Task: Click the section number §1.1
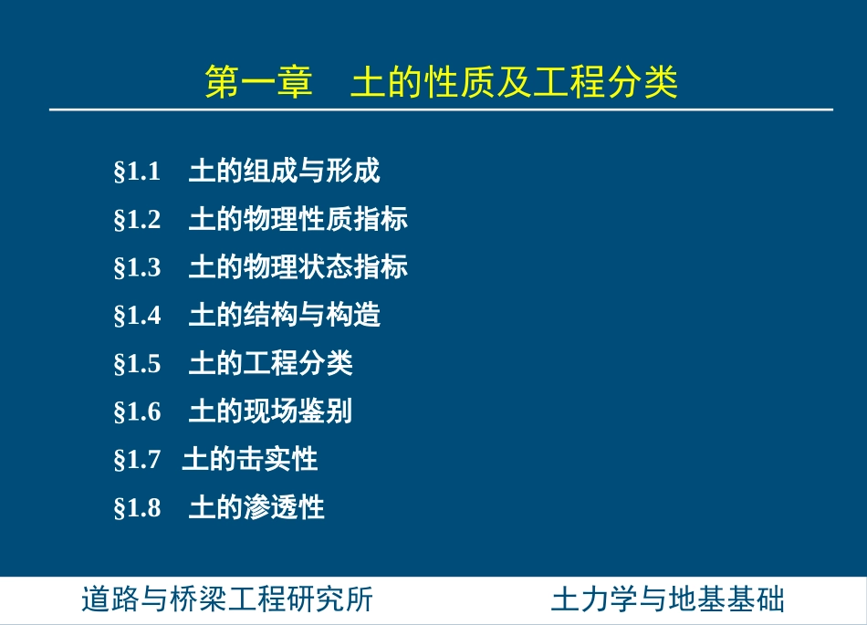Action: [x=137, y=172]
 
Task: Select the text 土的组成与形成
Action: [x=284, y=171]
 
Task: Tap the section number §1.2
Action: [x=137, y=220]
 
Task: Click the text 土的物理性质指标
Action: [x=298, y=219]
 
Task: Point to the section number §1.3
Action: [x=137, y=268]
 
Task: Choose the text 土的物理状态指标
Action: [x=298, y=267]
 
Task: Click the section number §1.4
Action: [x=137, y=317]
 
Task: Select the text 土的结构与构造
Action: [x=284, y=316]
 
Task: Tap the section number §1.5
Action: [x=137, y=365]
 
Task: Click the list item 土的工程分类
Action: [x=270, y=364]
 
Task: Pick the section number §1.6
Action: [x=137, y=412]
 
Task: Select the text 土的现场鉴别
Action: [x=270, y=411]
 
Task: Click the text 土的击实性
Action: [x=250, y=460]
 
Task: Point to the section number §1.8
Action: [x=137, y=508]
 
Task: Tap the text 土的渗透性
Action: [x=256, y=507]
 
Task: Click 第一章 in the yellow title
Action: [x=258, y=82]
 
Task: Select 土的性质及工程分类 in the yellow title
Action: [x=515, y=82]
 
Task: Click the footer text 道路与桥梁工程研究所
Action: [x=227, y=600]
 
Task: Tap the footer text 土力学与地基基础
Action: [x=668, y=600]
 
